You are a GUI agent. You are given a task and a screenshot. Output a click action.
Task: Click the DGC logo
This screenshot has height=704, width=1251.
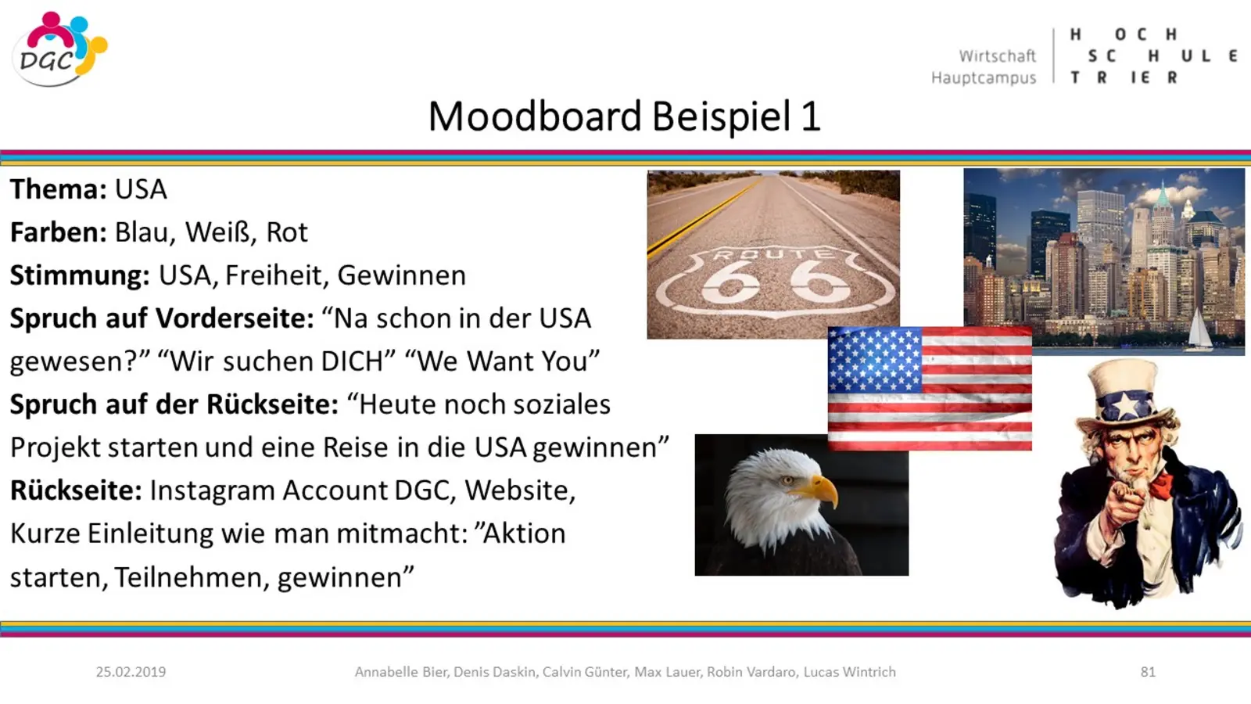point(59,49)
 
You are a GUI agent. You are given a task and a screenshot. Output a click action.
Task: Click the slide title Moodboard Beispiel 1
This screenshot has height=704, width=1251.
point(625,117)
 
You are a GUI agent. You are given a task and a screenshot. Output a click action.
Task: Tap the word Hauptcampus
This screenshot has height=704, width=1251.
point(984,77)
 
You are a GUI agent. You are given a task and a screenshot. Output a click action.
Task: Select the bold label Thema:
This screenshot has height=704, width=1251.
point(58,189)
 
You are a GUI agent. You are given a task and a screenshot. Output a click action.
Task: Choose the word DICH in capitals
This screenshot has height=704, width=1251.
point(352,361)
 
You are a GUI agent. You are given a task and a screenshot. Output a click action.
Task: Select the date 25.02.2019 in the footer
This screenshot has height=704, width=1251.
point(131,672)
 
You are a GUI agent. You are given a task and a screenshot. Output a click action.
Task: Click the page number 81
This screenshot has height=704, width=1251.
point(1148,672)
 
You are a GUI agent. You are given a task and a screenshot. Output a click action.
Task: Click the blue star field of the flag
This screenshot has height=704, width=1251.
point(875,361)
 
